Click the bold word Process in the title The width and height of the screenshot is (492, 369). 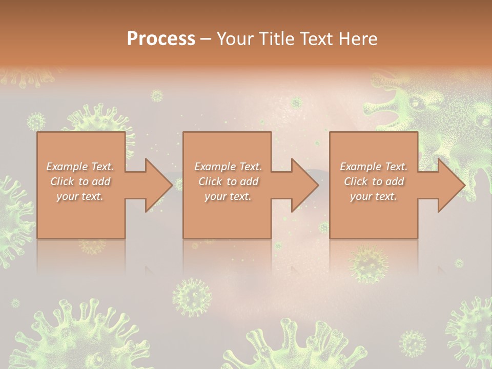pyautogui.click(x=161, y=39)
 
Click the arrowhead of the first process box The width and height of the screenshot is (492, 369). pyautogui.click(x=158, y=185)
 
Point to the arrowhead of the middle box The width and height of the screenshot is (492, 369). pyautogui.click(x=305, y=185)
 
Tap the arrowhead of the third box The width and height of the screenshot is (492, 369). pyautogui.click(x=451, y=185)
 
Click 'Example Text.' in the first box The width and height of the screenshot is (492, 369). pyautogui.click(x=80, y=167)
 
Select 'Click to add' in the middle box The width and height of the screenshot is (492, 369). pyautogui.click(x=228, y=181)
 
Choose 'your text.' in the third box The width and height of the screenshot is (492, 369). pyautogui.click(x=374, y=196)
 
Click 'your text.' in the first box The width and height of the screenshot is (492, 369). pyautogui.click(x=80, y=196)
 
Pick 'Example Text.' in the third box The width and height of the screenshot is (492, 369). pyautogui.click(x=374, y=167)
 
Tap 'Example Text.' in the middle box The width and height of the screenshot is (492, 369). pyautogui.click(x=228, y=167)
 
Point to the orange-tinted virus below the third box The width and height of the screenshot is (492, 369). pyautogui.click(x=368, y=264)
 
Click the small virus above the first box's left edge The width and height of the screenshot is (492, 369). pyautogui.click(x=36, y=122)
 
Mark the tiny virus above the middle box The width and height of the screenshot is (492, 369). pyautogui.click(x=156, y=96)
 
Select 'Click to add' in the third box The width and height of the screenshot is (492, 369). pyautogui.click(x=374, y=181)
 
